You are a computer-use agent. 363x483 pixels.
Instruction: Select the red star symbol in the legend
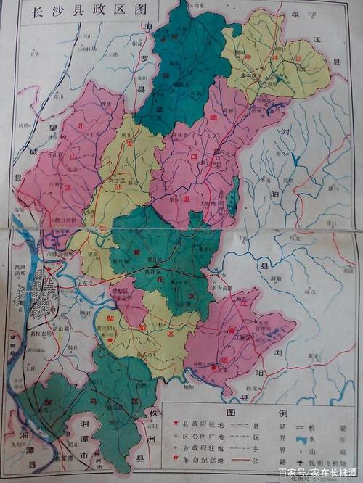tap(175, 424)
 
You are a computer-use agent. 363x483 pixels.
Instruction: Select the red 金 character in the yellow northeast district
tap(269, 55)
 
